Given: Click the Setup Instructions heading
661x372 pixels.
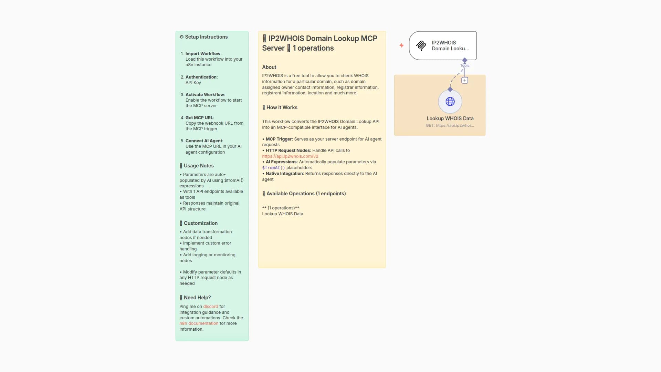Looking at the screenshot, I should click(x=206, y=37).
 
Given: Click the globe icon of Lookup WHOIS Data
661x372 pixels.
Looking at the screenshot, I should click(x=450, y=102).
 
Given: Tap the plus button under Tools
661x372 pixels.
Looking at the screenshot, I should click(x=465, y=80).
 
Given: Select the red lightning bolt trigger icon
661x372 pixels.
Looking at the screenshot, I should click(x=401, y=45).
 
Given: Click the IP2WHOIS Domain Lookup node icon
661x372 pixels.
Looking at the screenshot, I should click(x=421, y=45).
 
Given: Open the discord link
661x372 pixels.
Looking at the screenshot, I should click(x=210, y=307).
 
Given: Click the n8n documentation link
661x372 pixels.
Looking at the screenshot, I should click(x=199, y=323).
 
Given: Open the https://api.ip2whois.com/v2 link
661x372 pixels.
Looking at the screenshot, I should click(x=290, y=156).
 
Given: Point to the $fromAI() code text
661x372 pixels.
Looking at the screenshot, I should click(x=273, y=168).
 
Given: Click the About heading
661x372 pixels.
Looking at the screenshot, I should click(x=269, y=67).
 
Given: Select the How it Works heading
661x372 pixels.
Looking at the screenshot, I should click(x=282, y=107).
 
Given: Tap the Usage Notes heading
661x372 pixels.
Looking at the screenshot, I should click(x=198, y=166).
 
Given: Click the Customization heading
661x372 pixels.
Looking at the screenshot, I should click(x=200, y=223).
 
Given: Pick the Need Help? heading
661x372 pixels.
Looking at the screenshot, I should click(x=197, y=298).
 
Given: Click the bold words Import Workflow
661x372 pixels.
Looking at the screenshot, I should click(x=203, y=54).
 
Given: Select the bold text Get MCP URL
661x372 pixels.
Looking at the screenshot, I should click(x=199, y=118).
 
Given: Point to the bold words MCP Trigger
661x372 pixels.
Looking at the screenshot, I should click(x=279, y=139).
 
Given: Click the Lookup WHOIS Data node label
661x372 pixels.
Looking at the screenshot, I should click(x=450, y=118).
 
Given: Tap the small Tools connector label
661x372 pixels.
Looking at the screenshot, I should click(x=465, y=65).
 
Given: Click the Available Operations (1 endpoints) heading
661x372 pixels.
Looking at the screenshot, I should click(x=306, y=194).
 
